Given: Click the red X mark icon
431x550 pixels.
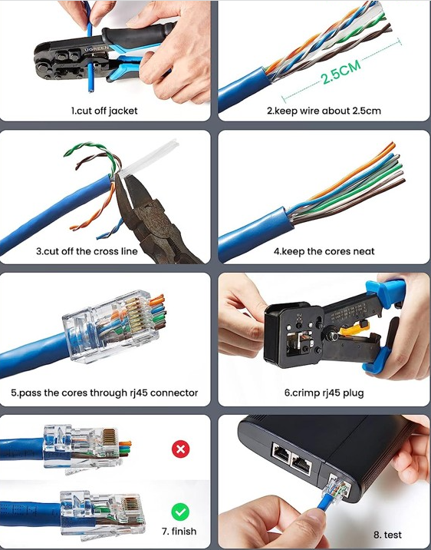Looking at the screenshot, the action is [181, 449].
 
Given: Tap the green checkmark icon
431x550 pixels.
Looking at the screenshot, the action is [180, 512].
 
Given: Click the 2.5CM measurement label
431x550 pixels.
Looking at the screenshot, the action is [341, 71].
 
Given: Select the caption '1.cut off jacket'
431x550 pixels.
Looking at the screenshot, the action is [104, 111].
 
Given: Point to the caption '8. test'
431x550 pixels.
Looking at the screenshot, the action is [387, 535].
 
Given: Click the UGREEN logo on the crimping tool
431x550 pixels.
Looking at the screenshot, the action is [97, 49].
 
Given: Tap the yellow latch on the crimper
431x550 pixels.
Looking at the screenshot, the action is [354, 330].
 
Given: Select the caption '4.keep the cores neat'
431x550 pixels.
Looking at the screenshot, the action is [324, 251].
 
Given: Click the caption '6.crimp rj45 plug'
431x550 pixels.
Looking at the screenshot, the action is [324, 393].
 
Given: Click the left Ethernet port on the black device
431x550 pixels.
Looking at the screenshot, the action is [281, 453].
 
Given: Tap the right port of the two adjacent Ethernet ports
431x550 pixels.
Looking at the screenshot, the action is [302, 465].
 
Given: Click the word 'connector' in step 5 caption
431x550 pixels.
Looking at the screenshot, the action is [174, 393].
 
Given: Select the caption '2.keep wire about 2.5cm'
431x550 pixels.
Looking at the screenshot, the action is [324, 111].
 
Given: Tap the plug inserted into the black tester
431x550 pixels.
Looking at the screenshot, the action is [335, 489].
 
